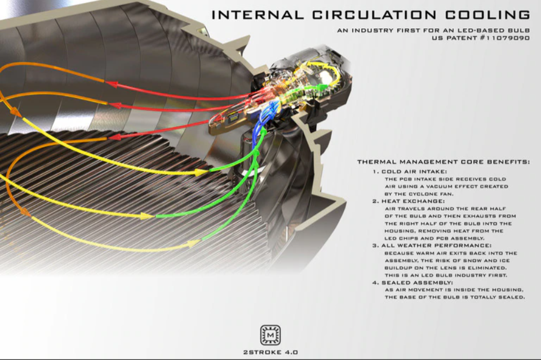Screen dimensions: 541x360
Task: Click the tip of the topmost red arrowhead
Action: [x=105, y=82]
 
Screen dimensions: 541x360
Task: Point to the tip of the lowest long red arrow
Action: [x=108, y=138]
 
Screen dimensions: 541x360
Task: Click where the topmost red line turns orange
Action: [x=104, y=82]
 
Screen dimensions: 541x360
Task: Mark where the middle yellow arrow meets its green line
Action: [x=154, y=216]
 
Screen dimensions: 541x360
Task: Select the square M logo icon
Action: [x=270, y=335]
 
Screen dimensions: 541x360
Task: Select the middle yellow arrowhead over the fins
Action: [x=147, y=216]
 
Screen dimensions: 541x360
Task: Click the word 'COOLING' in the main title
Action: [x=487, y=15]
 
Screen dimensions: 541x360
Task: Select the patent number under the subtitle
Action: [x=481, y=38]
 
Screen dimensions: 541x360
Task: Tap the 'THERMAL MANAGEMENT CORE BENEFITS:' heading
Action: [x=444, y=162]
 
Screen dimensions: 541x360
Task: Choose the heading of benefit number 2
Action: [x=409, y=201]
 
